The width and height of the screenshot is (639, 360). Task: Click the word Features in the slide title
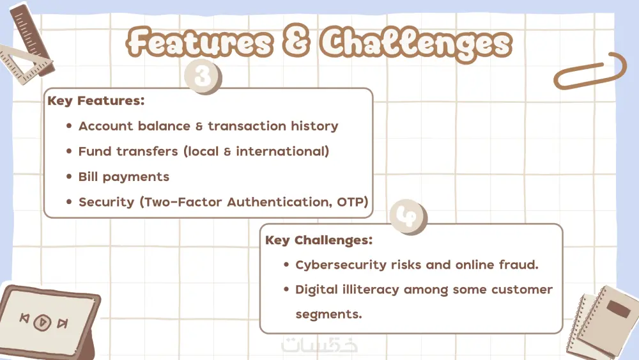[199, 42]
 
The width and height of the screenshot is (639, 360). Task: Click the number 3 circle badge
[203, 76]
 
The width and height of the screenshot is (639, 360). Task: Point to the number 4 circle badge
[408, 217]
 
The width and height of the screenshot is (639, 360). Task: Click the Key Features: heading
[96, 100]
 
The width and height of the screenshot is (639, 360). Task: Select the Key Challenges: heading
[319, 240]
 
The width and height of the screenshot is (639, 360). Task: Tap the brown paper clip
[590, 72]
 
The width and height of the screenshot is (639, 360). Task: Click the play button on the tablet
[42, 322]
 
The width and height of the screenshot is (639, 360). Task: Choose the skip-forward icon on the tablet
[63, 324]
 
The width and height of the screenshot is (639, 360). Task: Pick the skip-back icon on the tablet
[24, 318]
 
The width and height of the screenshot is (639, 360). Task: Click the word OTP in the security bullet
[353, 202]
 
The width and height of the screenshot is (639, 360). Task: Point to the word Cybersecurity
[341, 265]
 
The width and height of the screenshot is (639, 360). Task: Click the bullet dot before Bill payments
[69, 176]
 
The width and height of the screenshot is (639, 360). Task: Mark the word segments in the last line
[328, 315]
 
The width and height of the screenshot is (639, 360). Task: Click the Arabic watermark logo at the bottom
[319, 345]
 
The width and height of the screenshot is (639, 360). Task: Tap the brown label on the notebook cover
[619, 309]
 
